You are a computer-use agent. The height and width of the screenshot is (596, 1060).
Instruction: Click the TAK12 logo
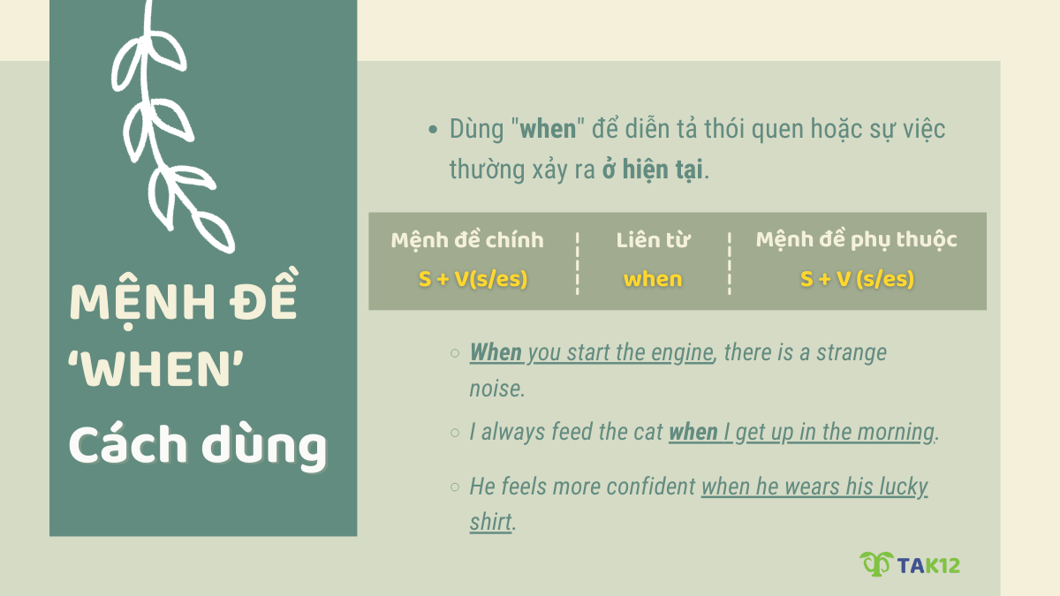click(909, 564)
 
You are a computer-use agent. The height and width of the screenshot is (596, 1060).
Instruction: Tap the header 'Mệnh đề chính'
click(467, 240)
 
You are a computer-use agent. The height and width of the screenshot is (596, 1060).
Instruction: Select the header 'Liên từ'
click(653, 240)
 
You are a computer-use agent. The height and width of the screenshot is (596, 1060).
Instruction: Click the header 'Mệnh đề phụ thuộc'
click(856, 240)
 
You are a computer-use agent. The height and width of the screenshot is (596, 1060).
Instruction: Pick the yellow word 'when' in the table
click(653, 279)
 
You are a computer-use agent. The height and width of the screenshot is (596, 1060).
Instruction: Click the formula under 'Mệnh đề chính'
click(473, 279)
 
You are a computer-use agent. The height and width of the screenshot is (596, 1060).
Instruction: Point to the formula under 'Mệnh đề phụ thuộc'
click(857, 279)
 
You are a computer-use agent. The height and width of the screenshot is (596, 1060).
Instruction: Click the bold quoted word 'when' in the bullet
click(548, 129)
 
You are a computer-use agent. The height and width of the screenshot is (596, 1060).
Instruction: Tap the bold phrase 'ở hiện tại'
click(653, 170)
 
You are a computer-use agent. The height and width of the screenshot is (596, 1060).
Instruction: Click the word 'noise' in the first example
click(496, 388)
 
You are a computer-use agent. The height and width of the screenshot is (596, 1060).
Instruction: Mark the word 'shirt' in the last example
click(490, 522)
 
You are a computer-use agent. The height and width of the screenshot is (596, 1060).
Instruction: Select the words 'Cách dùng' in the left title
click(197, 446)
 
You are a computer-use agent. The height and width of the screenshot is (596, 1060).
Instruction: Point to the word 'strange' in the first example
click(851, 352)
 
